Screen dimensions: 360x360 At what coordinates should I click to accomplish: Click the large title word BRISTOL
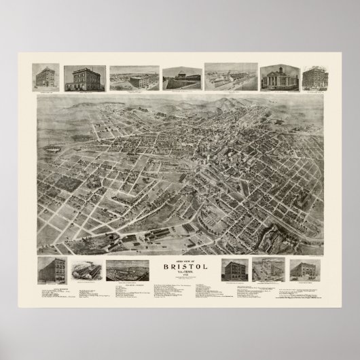click(x=179, y=266)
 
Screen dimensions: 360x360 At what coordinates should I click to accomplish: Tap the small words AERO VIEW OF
click(x=179, y=259)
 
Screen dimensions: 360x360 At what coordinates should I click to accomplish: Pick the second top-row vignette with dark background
click(x=85, y=77)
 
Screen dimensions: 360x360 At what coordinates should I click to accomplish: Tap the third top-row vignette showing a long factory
click(x=134, y=78)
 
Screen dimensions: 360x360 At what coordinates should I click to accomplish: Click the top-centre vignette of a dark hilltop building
click(x=181, y=78)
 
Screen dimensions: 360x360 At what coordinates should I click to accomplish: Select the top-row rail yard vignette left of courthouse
click(x=230, y=77)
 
